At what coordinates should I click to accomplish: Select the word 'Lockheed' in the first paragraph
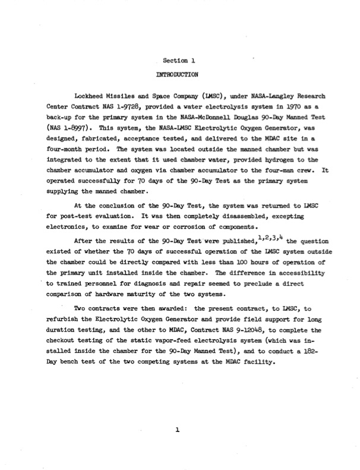(91, 95)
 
